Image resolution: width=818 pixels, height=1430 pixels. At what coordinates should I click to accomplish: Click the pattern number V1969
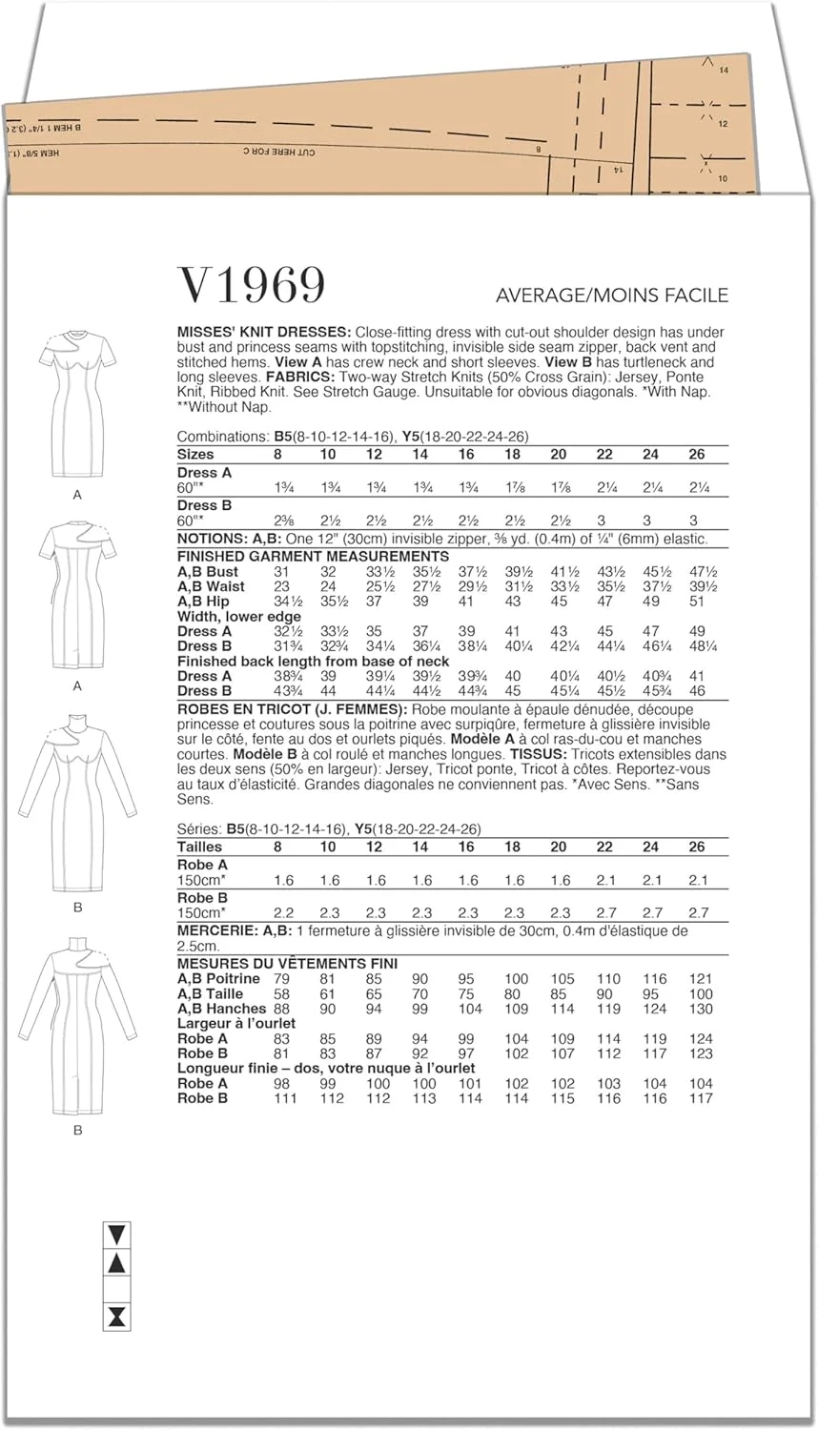pos(252,285)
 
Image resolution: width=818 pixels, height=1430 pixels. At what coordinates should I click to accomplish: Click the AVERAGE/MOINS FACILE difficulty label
pos(612,296)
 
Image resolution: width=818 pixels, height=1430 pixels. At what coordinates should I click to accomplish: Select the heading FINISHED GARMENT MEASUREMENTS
pos(313,556)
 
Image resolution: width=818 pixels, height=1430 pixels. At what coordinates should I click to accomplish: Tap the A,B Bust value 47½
pos(699,571)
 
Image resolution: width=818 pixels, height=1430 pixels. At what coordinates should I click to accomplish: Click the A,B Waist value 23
pos(281,586)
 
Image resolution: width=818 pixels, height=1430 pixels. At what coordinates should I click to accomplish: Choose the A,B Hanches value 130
pos(701,1009)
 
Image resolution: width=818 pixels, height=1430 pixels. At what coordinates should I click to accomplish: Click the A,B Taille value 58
pos(281,993)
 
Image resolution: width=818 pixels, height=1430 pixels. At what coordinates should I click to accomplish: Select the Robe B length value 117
pos(701,1098)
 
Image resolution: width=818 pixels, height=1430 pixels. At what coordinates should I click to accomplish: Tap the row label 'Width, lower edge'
pos(238,617)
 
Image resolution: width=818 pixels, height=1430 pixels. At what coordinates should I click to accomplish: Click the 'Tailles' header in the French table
pos(199,847)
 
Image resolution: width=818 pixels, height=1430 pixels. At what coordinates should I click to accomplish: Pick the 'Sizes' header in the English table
pos(195,454)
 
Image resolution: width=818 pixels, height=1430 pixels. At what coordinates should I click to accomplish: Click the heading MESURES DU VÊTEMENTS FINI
pos(287,964)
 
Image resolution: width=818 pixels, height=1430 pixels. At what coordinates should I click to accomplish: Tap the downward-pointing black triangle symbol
pos(116,1236)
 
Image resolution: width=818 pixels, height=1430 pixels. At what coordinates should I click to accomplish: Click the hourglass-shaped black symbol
pos(116,1318)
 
